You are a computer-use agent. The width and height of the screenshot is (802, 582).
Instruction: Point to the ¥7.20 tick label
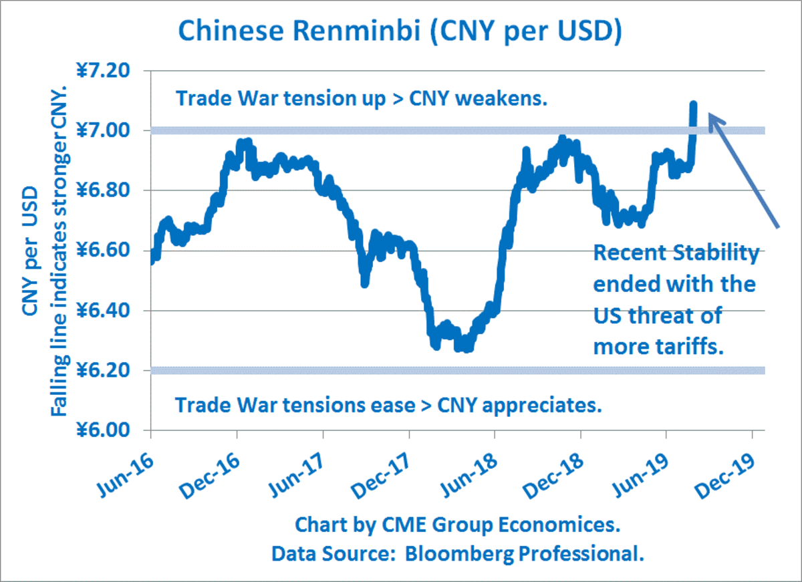[110, 70]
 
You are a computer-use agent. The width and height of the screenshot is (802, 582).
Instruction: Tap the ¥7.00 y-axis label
[110, 130]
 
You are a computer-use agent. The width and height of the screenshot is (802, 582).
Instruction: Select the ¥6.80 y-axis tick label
[110, 190]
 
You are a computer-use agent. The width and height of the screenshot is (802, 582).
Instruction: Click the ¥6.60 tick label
[110, 251]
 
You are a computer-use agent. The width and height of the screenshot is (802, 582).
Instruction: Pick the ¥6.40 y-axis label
[110, 311]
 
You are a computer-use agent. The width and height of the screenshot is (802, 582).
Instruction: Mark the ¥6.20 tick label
[110, 371]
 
